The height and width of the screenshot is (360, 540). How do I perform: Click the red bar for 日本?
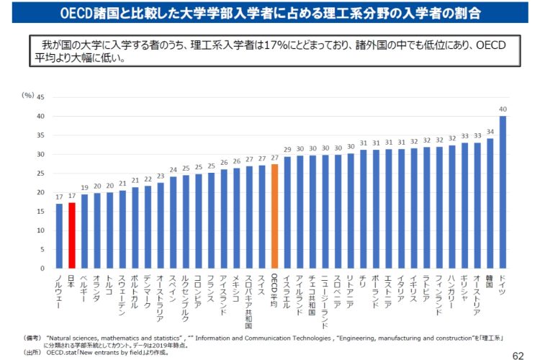[x=71, y=235]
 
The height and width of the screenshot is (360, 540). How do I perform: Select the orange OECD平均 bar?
[x=274, y=216]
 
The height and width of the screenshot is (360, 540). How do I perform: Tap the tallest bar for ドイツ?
[x=502, y=192]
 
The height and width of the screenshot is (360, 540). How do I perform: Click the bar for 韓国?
[x=490, y=203]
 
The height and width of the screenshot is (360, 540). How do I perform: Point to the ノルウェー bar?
[x=59, y=236]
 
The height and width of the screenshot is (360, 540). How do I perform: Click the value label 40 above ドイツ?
[x=502, y=109]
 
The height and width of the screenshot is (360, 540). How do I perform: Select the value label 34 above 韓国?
[x=490, y=132]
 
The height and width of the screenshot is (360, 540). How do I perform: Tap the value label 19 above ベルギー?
[x=84, y=188]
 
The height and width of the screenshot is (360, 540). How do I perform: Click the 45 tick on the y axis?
[x=40, y=97]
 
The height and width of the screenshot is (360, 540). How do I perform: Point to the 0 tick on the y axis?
[x=42, y=269]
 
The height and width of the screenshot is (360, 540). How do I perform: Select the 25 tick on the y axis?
[x=40, y=174]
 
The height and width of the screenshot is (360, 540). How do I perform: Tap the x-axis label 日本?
[x=71, y=280]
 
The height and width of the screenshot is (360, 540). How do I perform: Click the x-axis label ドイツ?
[x=502, y=283]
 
